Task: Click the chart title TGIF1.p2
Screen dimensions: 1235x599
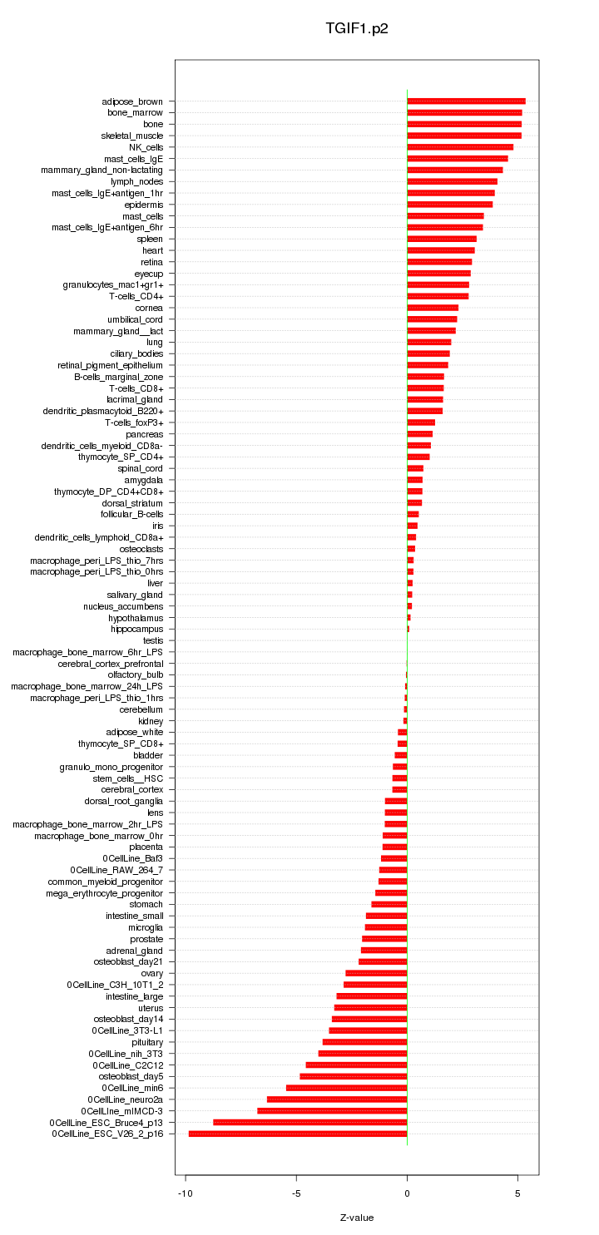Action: coord(357,29)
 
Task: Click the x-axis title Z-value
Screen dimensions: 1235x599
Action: coord(357,1218)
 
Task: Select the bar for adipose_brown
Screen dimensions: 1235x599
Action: coord(466,101)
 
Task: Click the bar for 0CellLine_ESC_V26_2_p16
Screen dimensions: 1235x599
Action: coord(298,1134)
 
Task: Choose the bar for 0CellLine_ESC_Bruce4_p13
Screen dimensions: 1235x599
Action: coord(310,1122)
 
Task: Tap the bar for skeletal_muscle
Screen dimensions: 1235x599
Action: coord(464,136)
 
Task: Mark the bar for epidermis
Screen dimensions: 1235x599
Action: coord(449,205)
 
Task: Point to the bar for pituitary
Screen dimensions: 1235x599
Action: coord(364,1042)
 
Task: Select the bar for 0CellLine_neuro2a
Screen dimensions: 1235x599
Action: coord(337,1099)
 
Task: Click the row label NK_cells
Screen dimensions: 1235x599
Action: coord(146,147)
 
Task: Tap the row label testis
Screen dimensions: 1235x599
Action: coord(153,640)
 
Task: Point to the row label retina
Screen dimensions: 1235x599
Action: coord(151,262)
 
